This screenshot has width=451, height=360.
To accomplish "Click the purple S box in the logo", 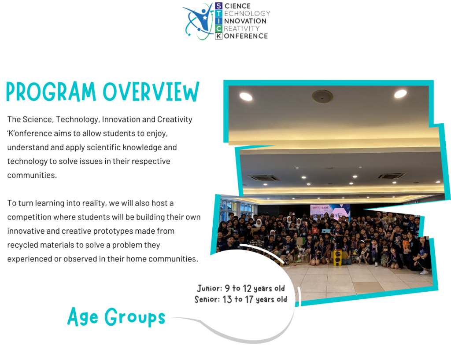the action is click(x=218, y=6).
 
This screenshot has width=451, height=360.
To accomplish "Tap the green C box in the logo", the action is click(x=218, y=29).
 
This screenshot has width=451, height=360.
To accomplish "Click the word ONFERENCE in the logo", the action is click(x=246, y=36).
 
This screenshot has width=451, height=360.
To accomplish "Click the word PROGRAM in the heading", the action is click(x=51, y=92).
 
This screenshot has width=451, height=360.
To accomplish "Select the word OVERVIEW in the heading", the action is click(x=151, y=92).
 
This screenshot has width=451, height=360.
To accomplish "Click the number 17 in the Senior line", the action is click(x=249, y=299).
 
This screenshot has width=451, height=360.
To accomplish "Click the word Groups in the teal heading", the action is click(x=135, y=317).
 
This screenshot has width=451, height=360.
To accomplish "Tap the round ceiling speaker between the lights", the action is click(x=322, y=96).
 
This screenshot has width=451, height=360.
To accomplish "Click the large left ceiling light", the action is click(x=246, y=96).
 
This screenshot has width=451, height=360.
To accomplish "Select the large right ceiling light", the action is click(x=400, y=93).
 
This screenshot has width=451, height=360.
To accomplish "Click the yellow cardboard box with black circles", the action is click(x=337, y=258).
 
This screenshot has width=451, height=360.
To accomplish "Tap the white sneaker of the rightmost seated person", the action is click(x=424, y=272).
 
